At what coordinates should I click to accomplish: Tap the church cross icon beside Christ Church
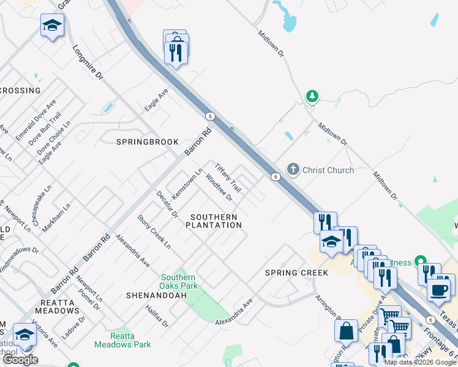(293, 169)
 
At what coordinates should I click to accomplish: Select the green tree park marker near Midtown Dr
(312, 96)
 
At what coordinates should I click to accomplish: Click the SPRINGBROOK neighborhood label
(148, 142)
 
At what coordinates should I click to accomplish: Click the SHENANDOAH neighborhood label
(156, 295)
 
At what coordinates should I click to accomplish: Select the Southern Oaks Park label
(179, 281)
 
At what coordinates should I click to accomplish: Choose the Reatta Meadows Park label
(122, 340)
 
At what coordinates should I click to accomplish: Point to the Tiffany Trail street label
(227, 177)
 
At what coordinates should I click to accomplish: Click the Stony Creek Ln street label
(154, 231)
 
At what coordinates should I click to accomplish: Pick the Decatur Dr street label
(167, 204)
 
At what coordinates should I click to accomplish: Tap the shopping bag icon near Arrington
(346, 330)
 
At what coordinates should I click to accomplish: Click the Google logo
(20, 360)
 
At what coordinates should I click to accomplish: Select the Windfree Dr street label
(219, 187)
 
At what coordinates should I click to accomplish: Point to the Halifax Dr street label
(157, 317)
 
